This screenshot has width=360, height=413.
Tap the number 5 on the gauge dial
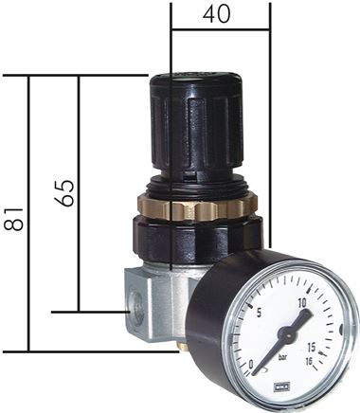pos(259,314)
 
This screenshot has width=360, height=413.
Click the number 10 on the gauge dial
pos(303,303)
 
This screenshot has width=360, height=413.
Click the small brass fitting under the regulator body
pos(184,348)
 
